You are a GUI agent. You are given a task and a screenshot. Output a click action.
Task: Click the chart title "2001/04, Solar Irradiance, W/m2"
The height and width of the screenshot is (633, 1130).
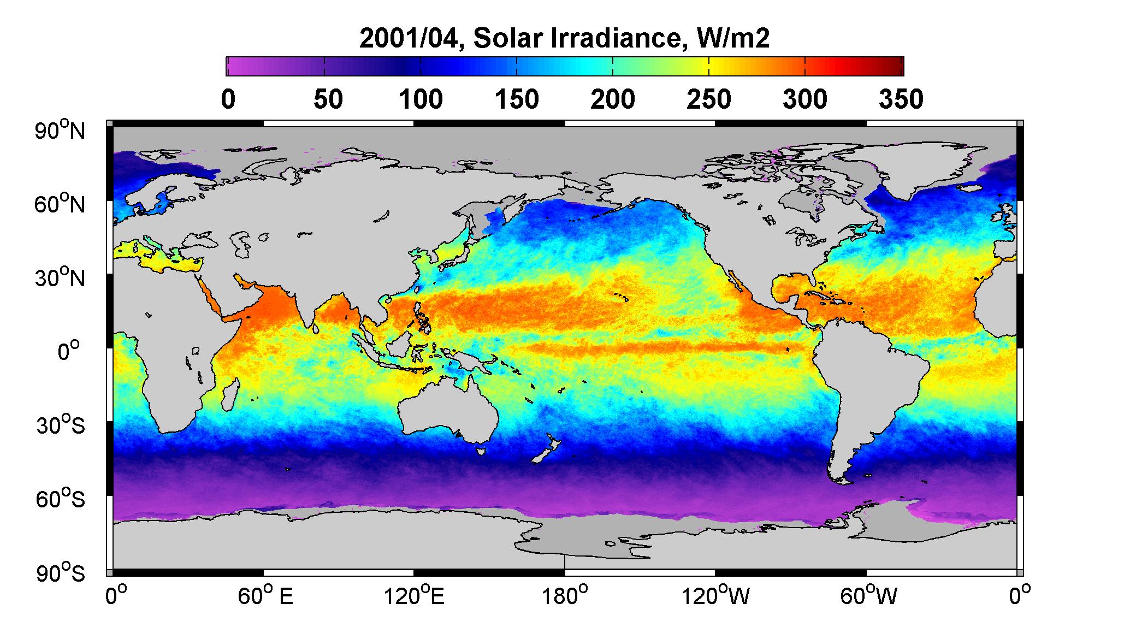pos(565,39)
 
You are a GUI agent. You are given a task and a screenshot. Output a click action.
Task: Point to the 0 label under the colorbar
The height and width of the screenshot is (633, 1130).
pos(228,100)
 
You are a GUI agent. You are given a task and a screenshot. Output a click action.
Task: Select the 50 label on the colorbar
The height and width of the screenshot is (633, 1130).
pos(328,100)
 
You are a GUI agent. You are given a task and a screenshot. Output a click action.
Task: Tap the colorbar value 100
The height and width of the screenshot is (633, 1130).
pos(421,100)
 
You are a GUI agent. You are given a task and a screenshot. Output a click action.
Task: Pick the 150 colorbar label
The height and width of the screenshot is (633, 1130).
pos(517,100)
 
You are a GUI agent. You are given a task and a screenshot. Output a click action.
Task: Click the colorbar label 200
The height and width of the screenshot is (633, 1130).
pos(613,100)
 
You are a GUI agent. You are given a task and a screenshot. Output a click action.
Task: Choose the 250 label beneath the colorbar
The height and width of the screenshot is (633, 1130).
pos(709,100)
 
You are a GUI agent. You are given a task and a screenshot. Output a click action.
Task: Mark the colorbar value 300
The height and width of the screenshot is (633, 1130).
pos(805,100)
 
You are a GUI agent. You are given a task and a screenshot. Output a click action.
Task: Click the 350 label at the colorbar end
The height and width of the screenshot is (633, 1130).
pos(901,100)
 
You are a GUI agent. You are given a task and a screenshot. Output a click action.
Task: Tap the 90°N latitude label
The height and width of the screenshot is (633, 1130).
pos(61,131)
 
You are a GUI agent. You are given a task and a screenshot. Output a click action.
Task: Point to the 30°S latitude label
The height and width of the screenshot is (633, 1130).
pos(61,425)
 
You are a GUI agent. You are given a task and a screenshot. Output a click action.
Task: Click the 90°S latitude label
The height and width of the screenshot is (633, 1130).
pos(61,573)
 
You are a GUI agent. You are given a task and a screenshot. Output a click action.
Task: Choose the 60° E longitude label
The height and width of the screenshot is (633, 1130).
pos(265,597)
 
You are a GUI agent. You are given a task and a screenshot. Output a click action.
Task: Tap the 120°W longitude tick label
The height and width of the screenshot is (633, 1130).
pos(715,597)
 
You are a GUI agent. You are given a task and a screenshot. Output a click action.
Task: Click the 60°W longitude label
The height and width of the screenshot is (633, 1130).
pos(868,597)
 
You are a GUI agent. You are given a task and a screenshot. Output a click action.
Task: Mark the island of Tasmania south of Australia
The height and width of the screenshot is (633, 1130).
pos(481,451)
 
